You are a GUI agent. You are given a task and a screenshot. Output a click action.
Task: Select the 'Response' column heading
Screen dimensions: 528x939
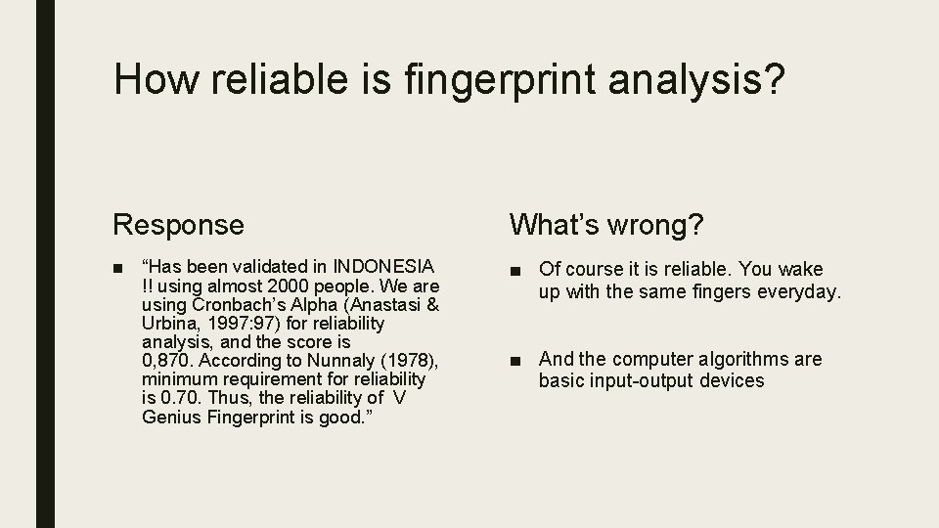[178, 225]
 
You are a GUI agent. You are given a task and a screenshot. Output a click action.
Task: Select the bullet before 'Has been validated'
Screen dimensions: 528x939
[117, 267]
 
